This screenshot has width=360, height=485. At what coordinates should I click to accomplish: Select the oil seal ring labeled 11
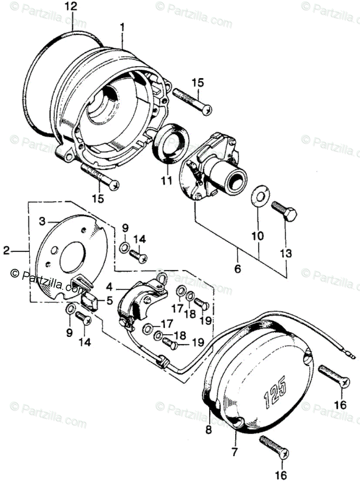[x=171, y=144]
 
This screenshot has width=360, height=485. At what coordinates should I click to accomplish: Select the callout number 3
[x=42, y=221]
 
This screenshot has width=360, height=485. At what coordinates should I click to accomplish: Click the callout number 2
[x=6, y=251]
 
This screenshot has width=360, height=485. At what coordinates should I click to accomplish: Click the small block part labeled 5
[x=91, y=299]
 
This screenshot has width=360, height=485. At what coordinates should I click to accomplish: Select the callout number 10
[x=257, y=236]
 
